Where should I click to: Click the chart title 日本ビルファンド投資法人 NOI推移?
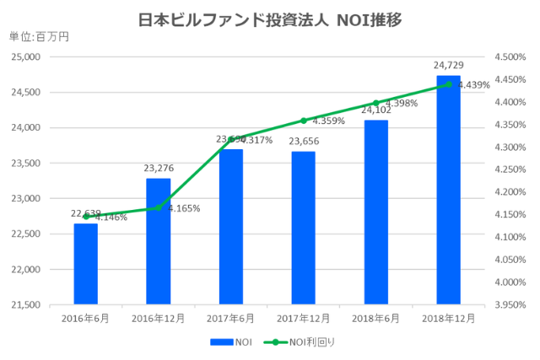(x=270, y=19)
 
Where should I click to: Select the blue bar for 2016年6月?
(x=85, y=263)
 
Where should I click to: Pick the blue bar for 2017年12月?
(x=303, y=228)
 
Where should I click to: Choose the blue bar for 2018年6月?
(x=375, y=212)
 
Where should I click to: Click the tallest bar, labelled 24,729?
(x=448, y=190)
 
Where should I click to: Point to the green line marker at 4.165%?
(x=158, y=207)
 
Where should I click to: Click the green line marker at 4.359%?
(x=303, y=121)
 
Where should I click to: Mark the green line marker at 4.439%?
(x=448, y=84)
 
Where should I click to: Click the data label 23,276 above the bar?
(x=158, y=169)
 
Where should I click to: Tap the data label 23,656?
(x=303, y=142)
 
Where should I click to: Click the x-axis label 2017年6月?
(x=230, y=319)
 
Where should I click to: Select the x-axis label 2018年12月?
(x=448, y=319)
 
